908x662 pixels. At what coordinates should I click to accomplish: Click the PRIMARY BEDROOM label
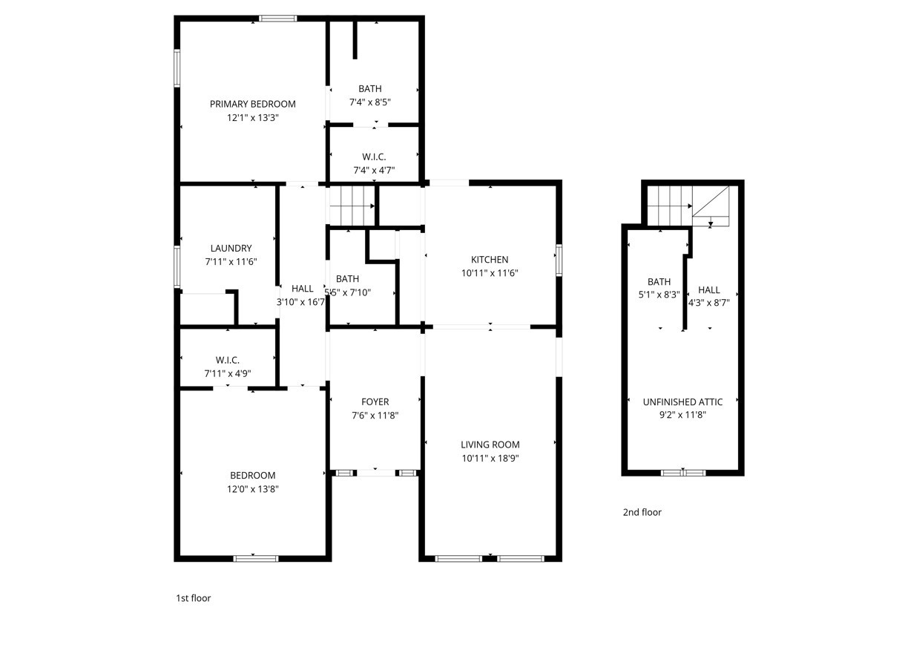point(252,104)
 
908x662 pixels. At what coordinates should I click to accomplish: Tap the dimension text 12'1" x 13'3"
point(252,118)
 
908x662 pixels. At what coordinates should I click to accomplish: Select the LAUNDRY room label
point(231,248)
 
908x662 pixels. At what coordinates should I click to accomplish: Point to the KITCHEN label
point(490,260)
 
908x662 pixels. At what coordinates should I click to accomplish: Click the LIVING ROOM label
point(490,445)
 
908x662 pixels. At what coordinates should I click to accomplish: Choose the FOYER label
point(375,402)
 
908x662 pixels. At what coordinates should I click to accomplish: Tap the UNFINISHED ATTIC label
point(682,402)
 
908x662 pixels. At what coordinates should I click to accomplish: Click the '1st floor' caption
point(194,598)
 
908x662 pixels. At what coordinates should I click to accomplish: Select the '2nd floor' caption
point(642,512)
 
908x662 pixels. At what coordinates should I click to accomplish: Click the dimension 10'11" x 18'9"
point(490,459)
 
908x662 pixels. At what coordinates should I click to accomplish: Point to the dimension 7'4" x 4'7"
point(374,171)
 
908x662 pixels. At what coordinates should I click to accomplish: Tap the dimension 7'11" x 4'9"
point(228,373)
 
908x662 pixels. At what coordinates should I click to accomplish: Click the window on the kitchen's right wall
point(559,260)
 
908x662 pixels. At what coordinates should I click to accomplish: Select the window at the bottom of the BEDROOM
point(256,559)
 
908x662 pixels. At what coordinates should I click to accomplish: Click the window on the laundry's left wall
point(177,266)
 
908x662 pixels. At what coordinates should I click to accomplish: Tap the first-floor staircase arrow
point(352,206)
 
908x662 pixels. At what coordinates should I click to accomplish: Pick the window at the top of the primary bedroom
point(277,19)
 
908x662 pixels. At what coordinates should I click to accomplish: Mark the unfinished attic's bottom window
point(683,473)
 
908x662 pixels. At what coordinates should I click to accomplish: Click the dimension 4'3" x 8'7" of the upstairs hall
point(709,303)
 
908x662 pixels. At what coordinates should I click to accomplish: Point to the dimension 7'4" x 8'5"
point(370,102)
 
